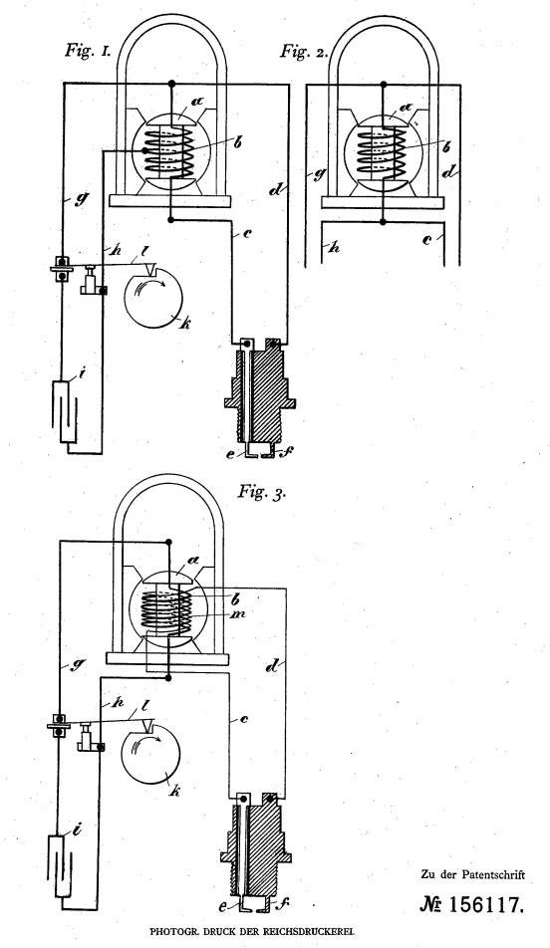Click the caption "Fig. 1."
pyautogui.click(x=88, y=50)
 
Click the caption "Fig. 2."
pyautogui.click(x=304, y=51)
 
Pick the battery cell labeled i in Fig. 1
pyautogui.click(x=65, y=411)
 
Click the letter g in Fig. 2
pyautogui.click(x=317, y=176)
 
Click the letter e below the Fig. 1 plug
pyautogui.click(x=230, y=453)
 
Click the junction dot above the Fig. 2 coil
pyautogui.click(x=383, y=83)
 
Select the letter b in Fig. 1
pyautogui.click(x=238, y=142)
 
